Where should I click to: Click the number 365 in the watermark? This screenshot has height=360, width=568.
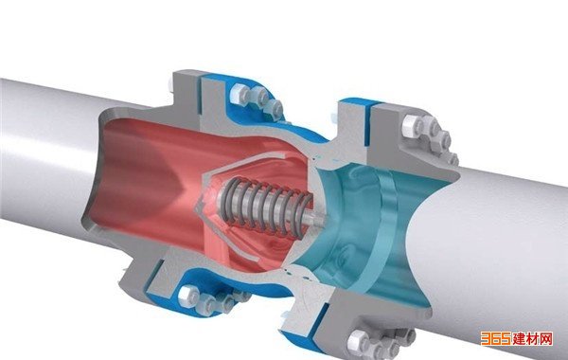point(496,338)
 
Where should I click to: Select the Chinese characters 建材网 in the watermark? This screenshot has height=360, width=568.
point(533,339)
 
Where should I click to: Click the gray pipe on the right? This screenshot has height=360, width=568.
point(500,254)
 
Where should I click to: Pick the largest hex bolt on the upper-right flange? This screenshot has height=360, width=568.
point(413,126)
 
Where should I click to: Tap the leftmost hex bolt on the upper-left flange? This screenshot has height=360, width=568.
point(240,93)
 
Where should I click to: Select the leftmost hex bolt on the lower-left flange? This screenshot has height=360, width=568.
point(188,297)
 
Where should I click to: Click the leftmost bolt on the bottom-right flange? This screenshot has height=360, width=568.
point(358,341)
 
